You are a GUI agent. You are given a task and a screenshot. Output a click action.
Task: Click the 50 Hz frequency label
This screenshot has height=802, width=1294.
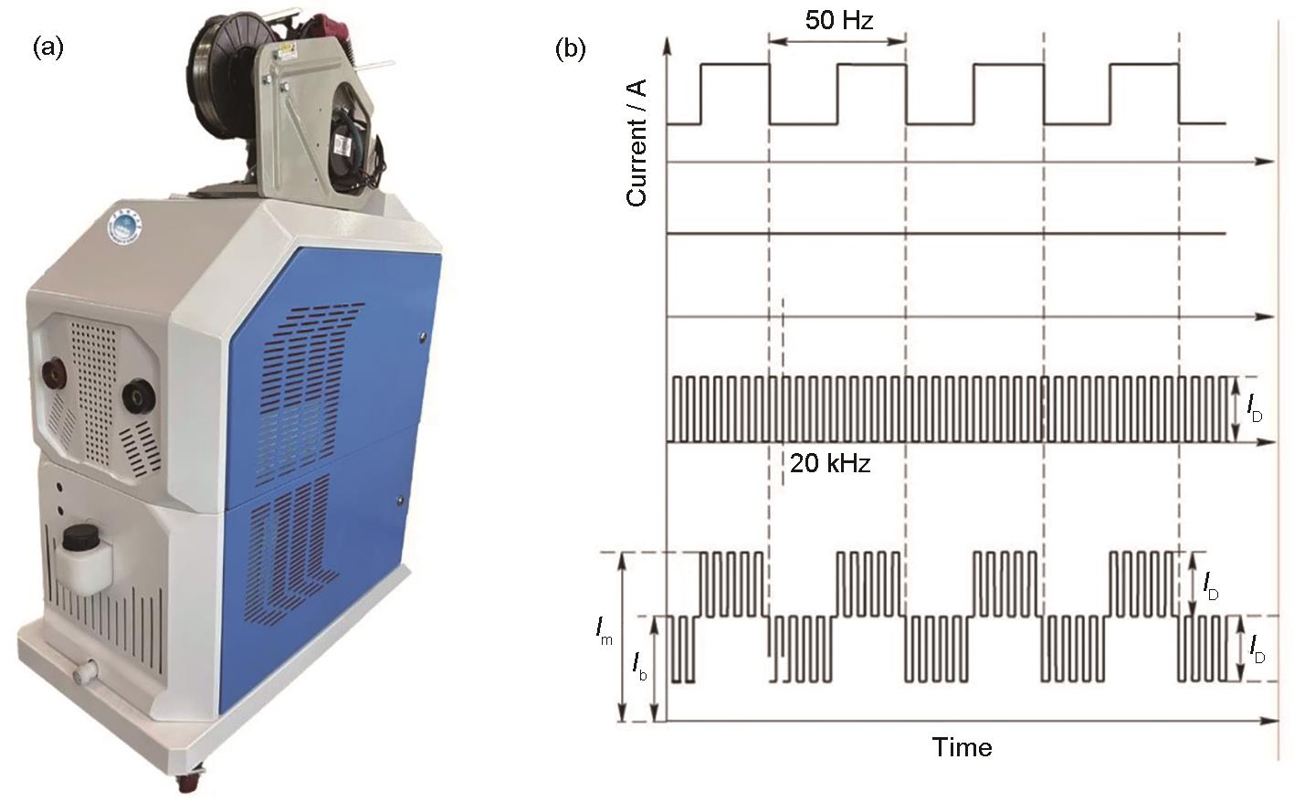click(x=838, y=20)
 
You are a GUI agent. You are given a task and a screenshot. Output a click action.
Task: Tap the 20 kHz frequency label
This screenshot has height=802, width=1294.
click(x=829, y=463)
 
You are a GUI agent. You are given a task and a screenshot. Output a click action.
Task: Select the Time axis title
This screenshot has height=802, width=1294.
click(x=962, y=747)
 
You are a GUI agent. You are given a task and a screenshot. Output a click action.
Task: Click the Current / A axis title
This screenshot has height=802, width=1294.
click(x=636, y=142)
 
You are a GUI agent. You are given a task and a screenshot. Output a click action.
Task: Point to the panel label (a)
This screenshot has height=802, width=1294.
click(x=47, y=47)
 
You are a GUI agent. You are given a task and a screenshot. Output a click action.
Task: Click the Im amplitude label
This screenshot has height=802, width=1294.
click(x=605, y=629)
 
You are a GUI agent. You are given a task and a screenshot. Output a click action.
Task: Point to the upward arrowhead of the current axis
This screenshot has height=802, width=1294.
click(x=668, y=46)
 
